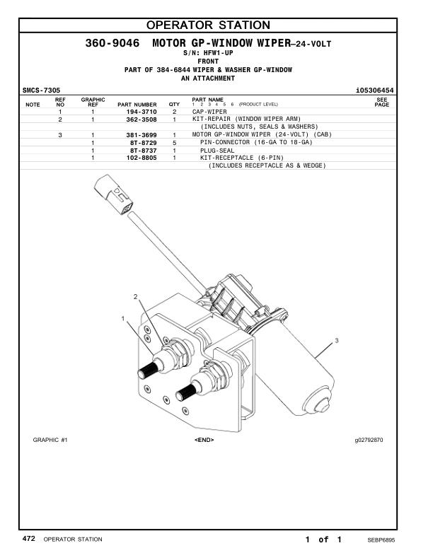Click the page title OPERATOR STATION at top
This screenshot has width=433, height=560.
217,26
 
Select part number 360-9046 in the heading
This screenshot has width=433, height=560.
115,44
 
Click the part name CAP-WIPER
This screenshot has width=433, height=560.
210,112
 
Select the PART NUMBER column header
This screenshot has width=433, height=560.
137,105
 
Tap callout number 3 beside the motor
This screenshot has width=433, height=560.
337,341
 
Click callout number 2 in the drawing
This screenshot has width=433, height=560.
135,296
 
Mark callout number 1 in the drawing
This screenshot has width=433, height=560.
124,319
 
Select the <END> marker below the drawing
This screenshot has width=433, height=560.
204,440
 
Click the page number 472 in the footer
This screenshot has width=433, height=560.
29,539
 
